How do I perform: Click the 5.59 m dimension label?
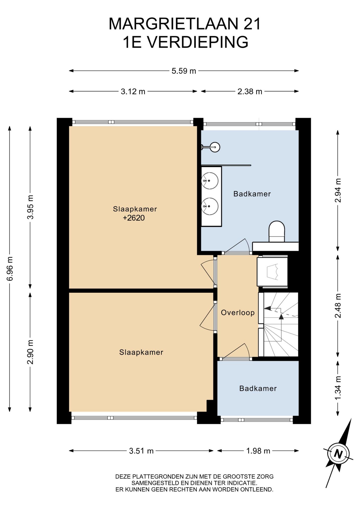tap(184, 71)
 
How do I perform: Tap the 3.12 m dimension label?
tap(133, 91)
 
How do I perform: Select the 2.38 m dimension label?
tap(250, 91)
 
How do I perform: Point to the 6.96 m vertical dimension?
tap(10, 269)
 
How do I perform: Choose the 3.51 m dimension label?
tap(141, 451)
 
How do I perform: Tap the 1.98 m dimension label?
tap(258, 451)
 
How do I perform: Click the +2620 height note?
tap(134, 218)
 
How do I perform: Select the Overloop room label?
tap(238, 313)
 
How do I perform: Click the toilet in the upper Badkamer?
tap(277, 231)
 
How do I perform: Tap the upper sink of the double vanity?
tap(210, 181)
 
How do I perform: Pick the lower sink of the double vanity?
tap(210, 206)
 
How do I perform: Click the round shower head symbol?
tap(215, 147)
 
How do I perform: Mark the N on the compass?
tap(338, 454)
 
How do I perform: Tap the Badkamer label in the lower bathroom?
tap(258, 388)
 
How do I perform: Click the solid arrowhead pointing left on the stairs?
tap(267, 308)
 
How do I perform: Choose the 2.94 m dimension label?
tap(338, 190)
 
